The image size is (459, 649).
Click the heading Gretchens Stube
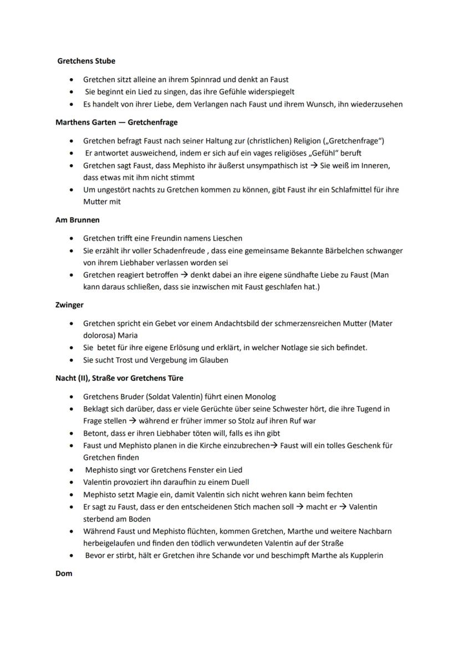click(86, 61)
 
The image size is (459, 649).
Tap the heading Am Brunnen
click(78, 220)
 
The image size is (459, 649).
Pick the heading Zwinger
click(69, 305)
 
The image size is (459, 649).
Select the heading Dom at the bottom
click(64, 574)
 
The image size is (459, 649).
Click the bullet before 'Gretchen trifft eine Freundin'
click(72, 238)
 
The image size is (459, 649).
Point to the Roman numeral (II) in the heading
click(85, 379)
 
